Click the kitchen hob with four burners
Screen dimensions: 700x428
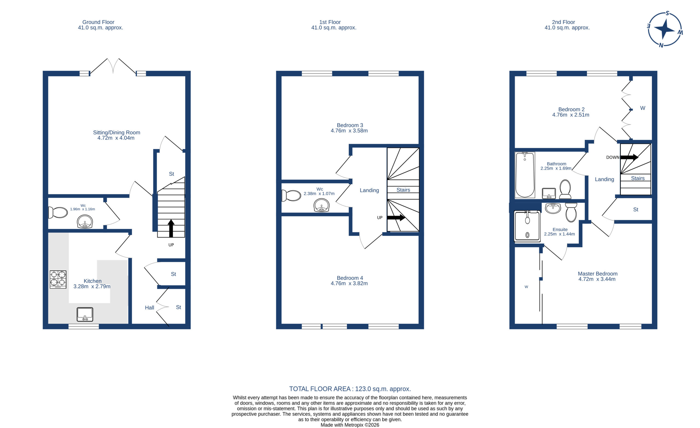pyautogui.click(x=58, y=280)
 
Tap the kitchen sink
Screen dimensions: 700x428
pyautogui.click(x=85, y=314)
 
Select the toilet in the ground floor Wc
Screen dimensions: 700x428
pyautogui.click(x=58, y=212)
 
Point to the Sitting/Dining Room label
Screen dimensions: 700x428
pyautogui.click(x=116, y=132)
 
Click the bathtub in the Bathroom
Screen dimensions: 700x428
pyautogui.click(x=525, y=175)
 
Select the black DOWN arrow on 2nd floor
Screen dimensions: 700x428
pyautogui.click(x=629, y=157)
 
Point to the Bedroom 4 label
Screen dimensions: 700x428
pyautogui.click(x=350, y=278)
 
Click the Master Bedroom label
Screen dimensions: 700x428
pyautogui.click(x=597, y=274)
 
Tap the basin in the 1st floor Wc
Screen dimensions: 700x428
pyautogui.click(x=322, y=205)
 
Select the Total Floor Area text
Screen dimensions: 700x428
pyautogui.click(x=350, y=389)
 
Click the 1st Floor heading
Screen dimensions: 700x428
pyautogui.click(x=330, y=22)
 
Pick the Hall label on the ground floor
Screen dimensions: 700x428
pyautogui.click(x=149, y=308)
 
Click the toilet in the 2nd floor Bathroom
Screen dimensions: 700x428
pyautogui.click(x=565, y=189)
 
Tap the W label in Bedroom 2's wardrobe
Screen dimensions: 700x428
pyautogui.click(x=643, y=108)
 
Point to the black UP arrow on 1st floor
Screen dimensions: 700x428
pyautogui.click(x=396, y=218)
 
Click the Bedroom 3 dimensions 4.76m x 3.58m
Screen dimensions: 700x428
pyautogui.click(x=349, y=131)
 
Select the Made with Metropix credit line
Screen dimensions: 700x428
pyautogui.click(x=350, y=425)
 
